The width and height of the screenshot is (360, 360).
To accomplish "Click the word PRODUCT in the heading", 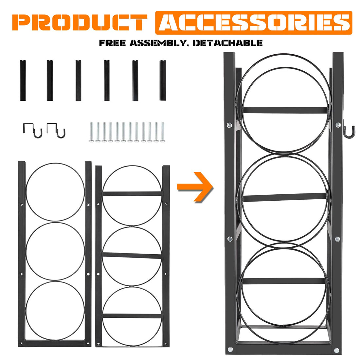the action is click(80, 22).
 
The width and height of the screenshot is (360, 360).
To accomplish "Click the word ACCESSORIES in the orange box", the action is click(254, 22).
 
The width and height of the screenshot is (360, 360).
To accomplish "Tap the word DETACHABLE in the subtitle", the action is click(227, 43).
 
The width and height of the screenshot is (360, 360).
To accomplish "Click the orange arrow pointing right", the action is click(195, 187).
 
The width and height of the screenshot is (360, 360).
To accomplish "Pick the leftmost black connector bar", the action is click(23, 81).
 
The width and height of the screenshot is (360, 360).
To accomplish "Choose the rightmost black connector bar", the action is click(163, 81).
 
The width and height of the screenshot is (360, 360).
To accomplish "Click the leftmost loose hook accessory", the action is click(32, 130).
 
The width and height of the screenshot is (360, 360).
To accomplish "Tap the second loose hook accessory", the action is click(56, 130).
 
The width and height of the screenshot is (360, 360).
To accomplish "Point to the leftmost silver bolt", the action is click(91, 132).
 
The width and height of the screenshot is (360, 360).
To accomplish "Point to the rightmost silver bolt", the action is click(163, 132).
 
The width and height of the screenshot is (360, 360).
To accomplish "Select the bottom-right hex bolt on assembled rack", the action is click(336, 351).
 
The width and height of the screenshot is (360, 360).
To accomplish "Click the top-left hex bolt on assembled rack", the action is click(229, 125).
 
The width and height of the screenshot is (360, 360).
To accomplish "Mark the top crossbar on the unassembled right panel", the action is click(132, 194).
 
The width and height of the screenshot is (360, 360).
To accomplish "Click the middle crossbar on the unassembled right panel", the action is click(132, 255).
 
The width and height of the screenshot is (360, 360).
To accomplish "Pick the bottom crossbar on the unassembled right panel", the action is click(132, 316).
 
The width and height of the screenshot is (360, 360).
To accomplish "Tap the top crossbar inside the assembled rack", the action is click(285, 110).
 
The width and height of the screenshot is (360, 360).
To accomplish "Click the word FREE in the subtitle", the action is click(112, 43).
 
